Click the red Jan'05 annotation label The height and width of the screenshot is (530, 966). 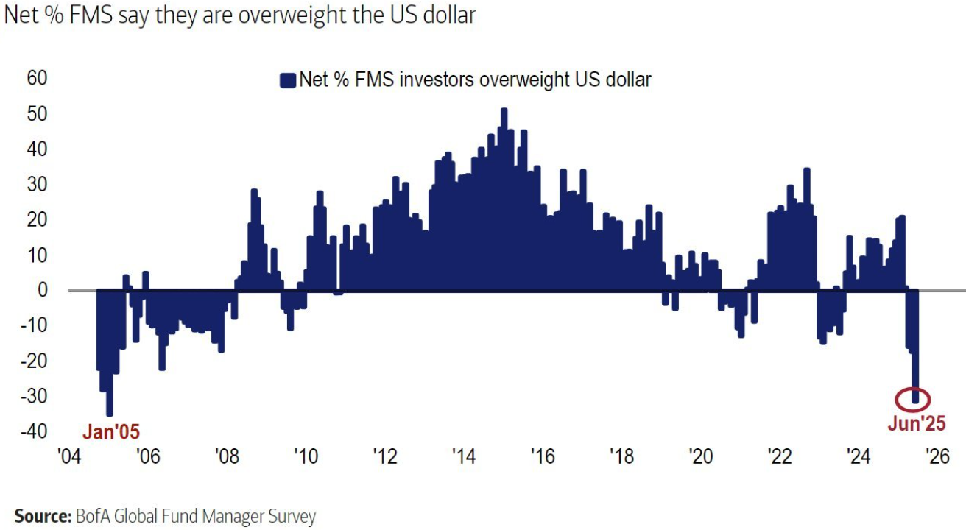[x=110, y=431]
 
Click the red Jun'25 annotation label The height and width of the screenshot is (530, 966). [x=916, y=423]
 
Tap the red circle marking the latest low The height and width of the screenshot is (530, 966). [x=914, y=399]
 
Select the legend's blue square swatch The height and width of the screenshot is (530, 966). [x=287, y=80]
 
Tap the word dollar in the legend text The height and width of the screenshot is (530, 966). [x=628, y=79]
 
